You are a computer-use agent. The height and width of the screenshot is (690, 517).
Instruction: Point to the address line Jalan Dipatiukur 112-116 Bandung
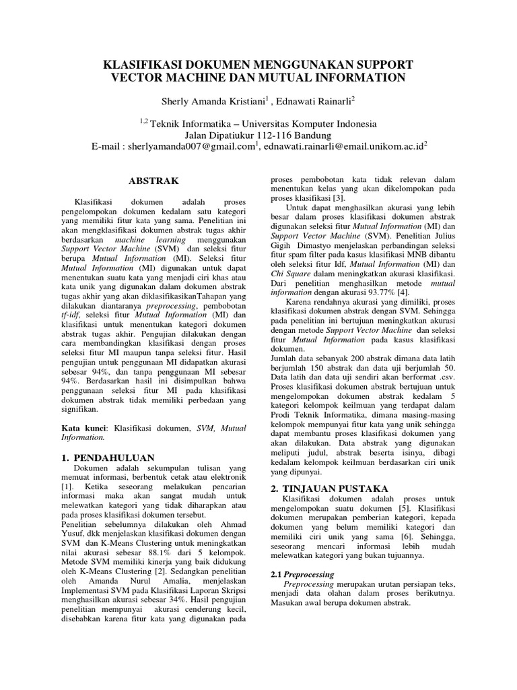click(x=258, y=135)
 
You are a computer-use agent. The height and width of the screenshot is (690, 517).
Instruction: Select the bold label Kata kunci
click(x=84, y=427)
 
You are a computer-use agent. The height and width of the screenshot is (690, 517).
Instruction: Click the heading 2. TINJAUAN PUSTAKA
click(x=329, y=487)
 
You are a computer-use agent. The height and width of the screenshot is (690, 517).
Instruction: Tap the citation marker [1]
click(x=67, y=485)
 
